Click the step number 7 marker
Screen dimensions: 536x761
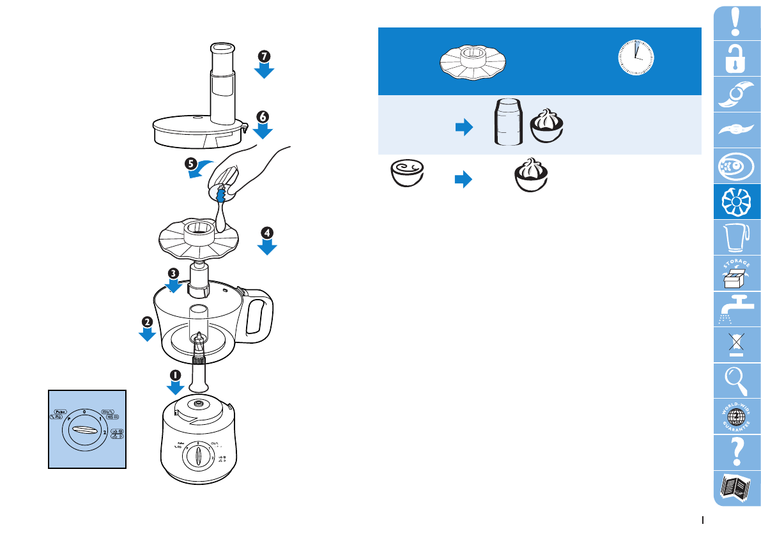264,56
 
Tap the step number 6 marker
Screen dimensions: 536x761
263,116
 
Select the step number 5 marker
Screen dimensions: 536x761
190,162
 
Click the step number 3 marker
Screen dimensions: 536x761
173,272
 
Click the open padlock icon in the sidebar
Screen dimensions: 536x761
736,58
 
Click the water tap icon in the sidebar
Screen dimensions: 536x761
736,310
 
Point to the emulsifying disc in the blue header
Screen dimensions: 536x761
473,61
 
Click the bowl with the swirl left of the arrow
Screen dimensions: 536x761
408,174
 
